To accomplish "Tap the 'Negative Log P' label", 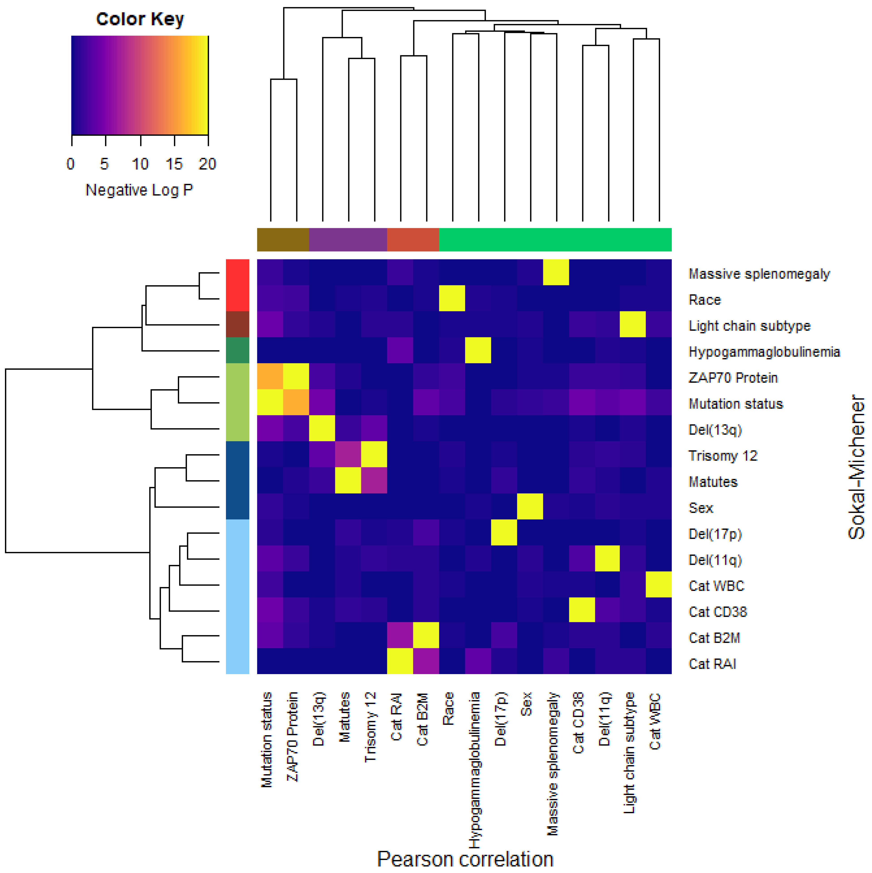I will click(139, 190).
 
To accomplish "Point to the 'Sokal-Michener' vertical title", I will click(856, 467).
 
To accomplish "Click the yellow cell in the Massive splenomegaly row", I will click(556, 273).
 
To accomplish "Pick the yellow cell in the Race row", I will click(452, 298).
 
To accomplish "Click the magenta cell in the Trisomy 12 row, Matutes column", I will click(348, 454).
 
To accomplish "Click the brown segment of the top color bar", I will click(283, 239).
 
